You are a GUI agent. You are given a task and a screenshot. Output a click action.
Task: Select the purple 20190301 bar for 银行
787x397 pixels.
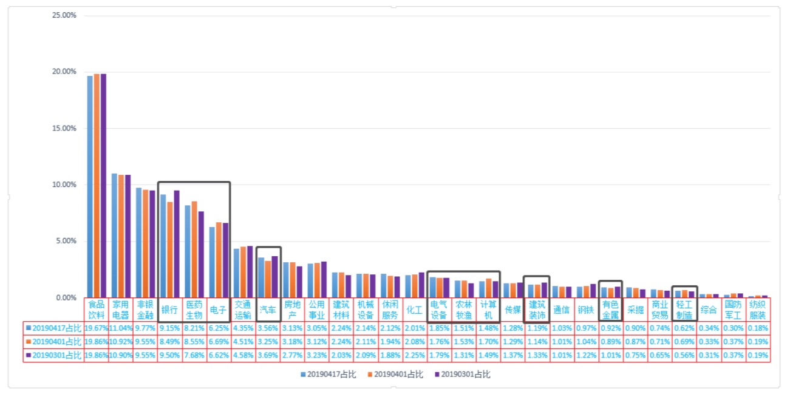(177, 243)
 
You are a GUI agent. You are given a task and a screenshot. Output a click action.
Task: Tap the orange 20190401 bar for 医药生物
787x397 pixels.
(194, 249)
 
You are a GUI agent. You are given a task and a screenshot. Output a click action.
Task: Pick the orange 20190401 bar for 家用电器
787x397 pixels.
(121, 236)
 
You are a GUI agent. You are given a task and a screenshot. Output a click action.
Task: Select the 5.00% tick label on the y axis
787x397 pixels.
(66, 241)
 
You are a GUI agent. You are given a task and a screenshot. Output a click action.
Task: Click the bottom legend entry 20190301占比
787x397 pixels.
(463, 374)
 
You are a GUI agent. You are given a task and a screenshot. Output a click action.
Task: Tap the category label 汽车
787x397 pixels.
(268, 310)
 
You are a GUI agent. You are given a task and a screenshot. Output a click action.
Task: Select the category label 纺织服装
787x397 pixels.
(757, 310)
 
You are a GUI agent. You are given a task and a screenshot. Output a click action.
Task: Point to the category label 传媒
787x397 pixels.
(513, 310)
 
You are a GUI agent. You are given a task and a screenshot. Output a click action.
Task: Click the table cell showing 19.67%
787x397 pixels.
(96, 328)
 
